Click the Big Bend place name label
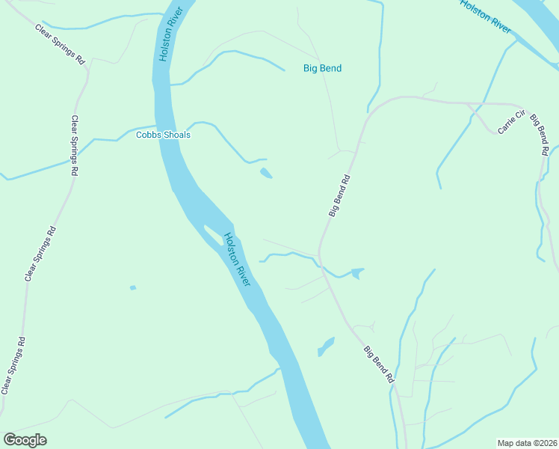tap(322, 68)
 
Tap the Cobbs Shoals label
tap(163, 135)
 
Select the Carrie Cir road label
tap(513, 123)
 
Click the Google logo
tap(25, 440)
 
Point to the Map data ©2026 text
tap(526, 442)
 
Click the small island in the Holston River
tap(213, 237)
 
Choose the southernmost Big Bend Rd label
tap(379, 364)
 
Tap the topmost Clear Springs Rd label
tap(61, 43)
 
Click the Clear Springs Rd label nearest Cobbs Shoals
tap(75, 146)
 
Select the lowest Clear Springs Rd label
tap(14, 365)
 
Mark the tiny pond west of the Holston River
tap(133, 287)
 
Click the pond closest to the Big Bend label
tap(266, 174)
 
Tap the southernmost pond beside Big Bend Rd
tap(326, 346)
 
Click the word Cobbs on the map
tap(148, 135)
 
